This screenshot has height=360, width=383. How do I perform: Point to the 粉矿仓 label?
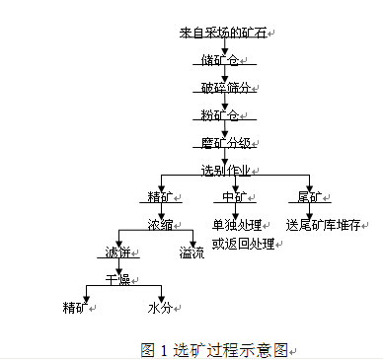click(x=218, y=114)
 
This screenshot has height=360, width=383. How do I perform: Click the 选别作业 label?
click(x=225, y=170)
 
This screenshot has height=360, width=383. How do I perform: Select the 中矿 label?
click(x=234, y=196)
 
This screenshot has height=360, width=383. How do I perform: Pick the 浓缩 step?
click(x=160, y=224)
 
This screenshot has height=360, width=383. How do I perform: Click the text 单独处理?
click(x=235, y=224)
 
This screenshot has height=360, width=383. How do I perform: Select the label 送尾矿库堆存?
click(x=325, y=224)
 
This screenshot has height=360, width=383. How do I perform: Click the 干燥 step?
click(x=118, y=280)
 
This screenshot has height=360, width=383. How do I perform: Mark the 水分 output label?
click(x=160, y=307)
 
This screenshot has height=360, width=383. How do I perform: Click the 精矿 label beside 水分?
click(x=75, y=307)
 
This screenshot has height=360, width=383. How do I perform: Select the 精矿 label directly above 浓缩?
click(x=160, y=196)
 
